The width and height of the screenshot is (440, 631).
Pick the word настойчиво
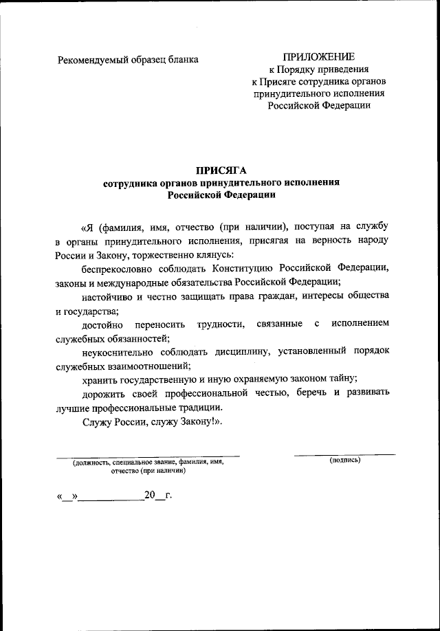(105, 296)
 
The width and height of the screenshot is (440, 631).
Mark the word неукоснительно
(116, 351)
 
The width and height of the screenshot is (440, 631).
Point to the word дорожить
(103, 392)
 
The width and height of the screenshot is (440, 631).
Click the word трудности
(221, 323)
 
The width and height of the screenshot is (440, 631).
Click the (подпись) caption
(344, 460)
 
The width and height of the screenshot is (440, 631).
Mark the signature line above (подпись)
(344, 454)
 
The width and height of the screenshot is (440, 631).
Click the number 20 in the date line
(150, 495)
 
